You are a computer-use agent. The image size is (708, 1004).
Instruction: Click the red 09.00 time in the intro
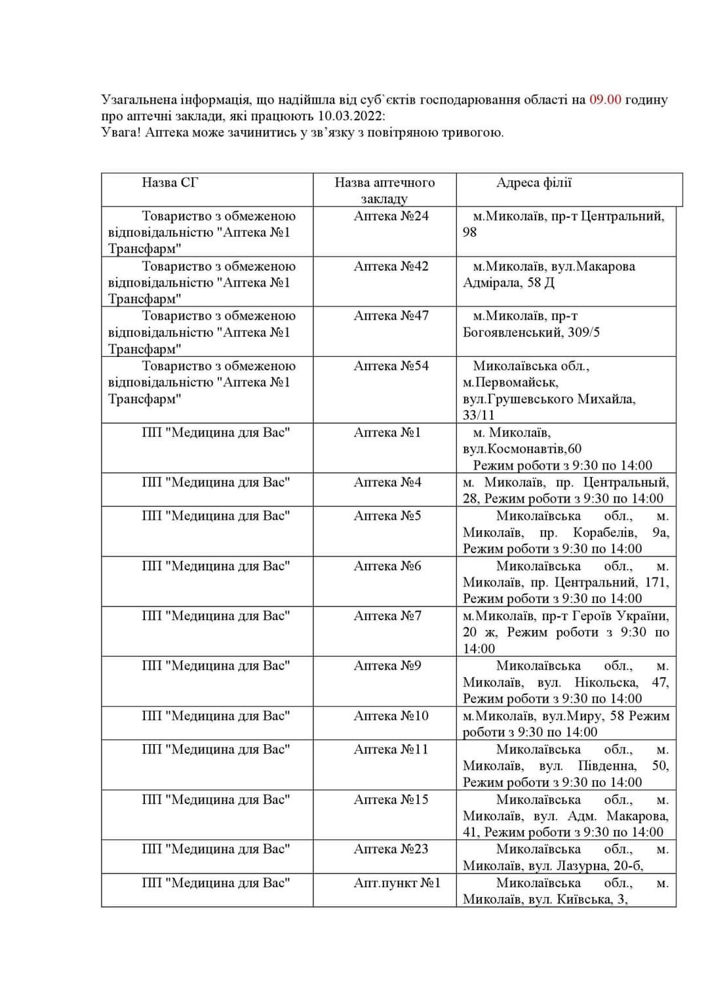click(x=605, y=100)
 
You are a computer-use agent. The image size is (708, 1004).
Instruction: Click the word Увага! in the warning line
click(x=121, y=133)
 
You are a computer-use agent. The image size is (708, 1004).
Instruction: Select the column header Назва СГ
click(x=170, y=182)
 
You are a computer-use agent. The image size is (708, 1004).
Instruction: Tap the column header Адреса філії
click(x=534, y=182)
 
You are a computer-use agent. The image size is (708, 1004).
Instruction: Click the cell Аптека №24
click(x=391, y=216)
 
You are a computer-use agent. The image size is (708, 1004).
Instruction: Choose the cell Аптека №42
click(x=391, y=266)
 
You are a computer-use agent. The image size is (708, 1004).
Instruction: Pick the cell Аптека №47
click(x=391, y=316)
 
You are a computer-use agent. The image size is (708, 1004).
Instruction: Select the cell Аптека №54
click(x=391, y=366)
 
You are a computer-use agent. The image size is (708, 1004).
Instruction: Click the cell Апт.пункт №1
click(x=397, y=883)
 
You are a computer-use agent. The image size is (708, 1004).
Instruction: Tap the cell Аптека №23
click(x=391, y=849)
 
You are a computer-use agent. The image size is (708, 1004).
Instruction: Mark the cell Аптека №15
click(x=391, y=799)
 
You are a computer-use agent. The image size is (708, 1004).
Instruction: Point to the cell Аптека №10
click(x=391, y=716)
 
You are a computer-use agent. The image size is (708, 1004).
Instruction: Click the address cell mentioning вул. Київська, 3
click(x=565, y=891)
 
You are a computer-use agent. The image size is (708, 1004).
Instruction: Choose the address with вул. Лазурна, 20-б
click(x=565, y=858)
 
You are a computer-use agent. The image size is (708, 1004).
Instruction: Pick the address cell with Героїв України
click(x=565, y=632)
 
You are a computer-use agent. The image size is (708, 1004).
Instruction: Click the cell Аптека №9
click(x=387, y=665)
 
